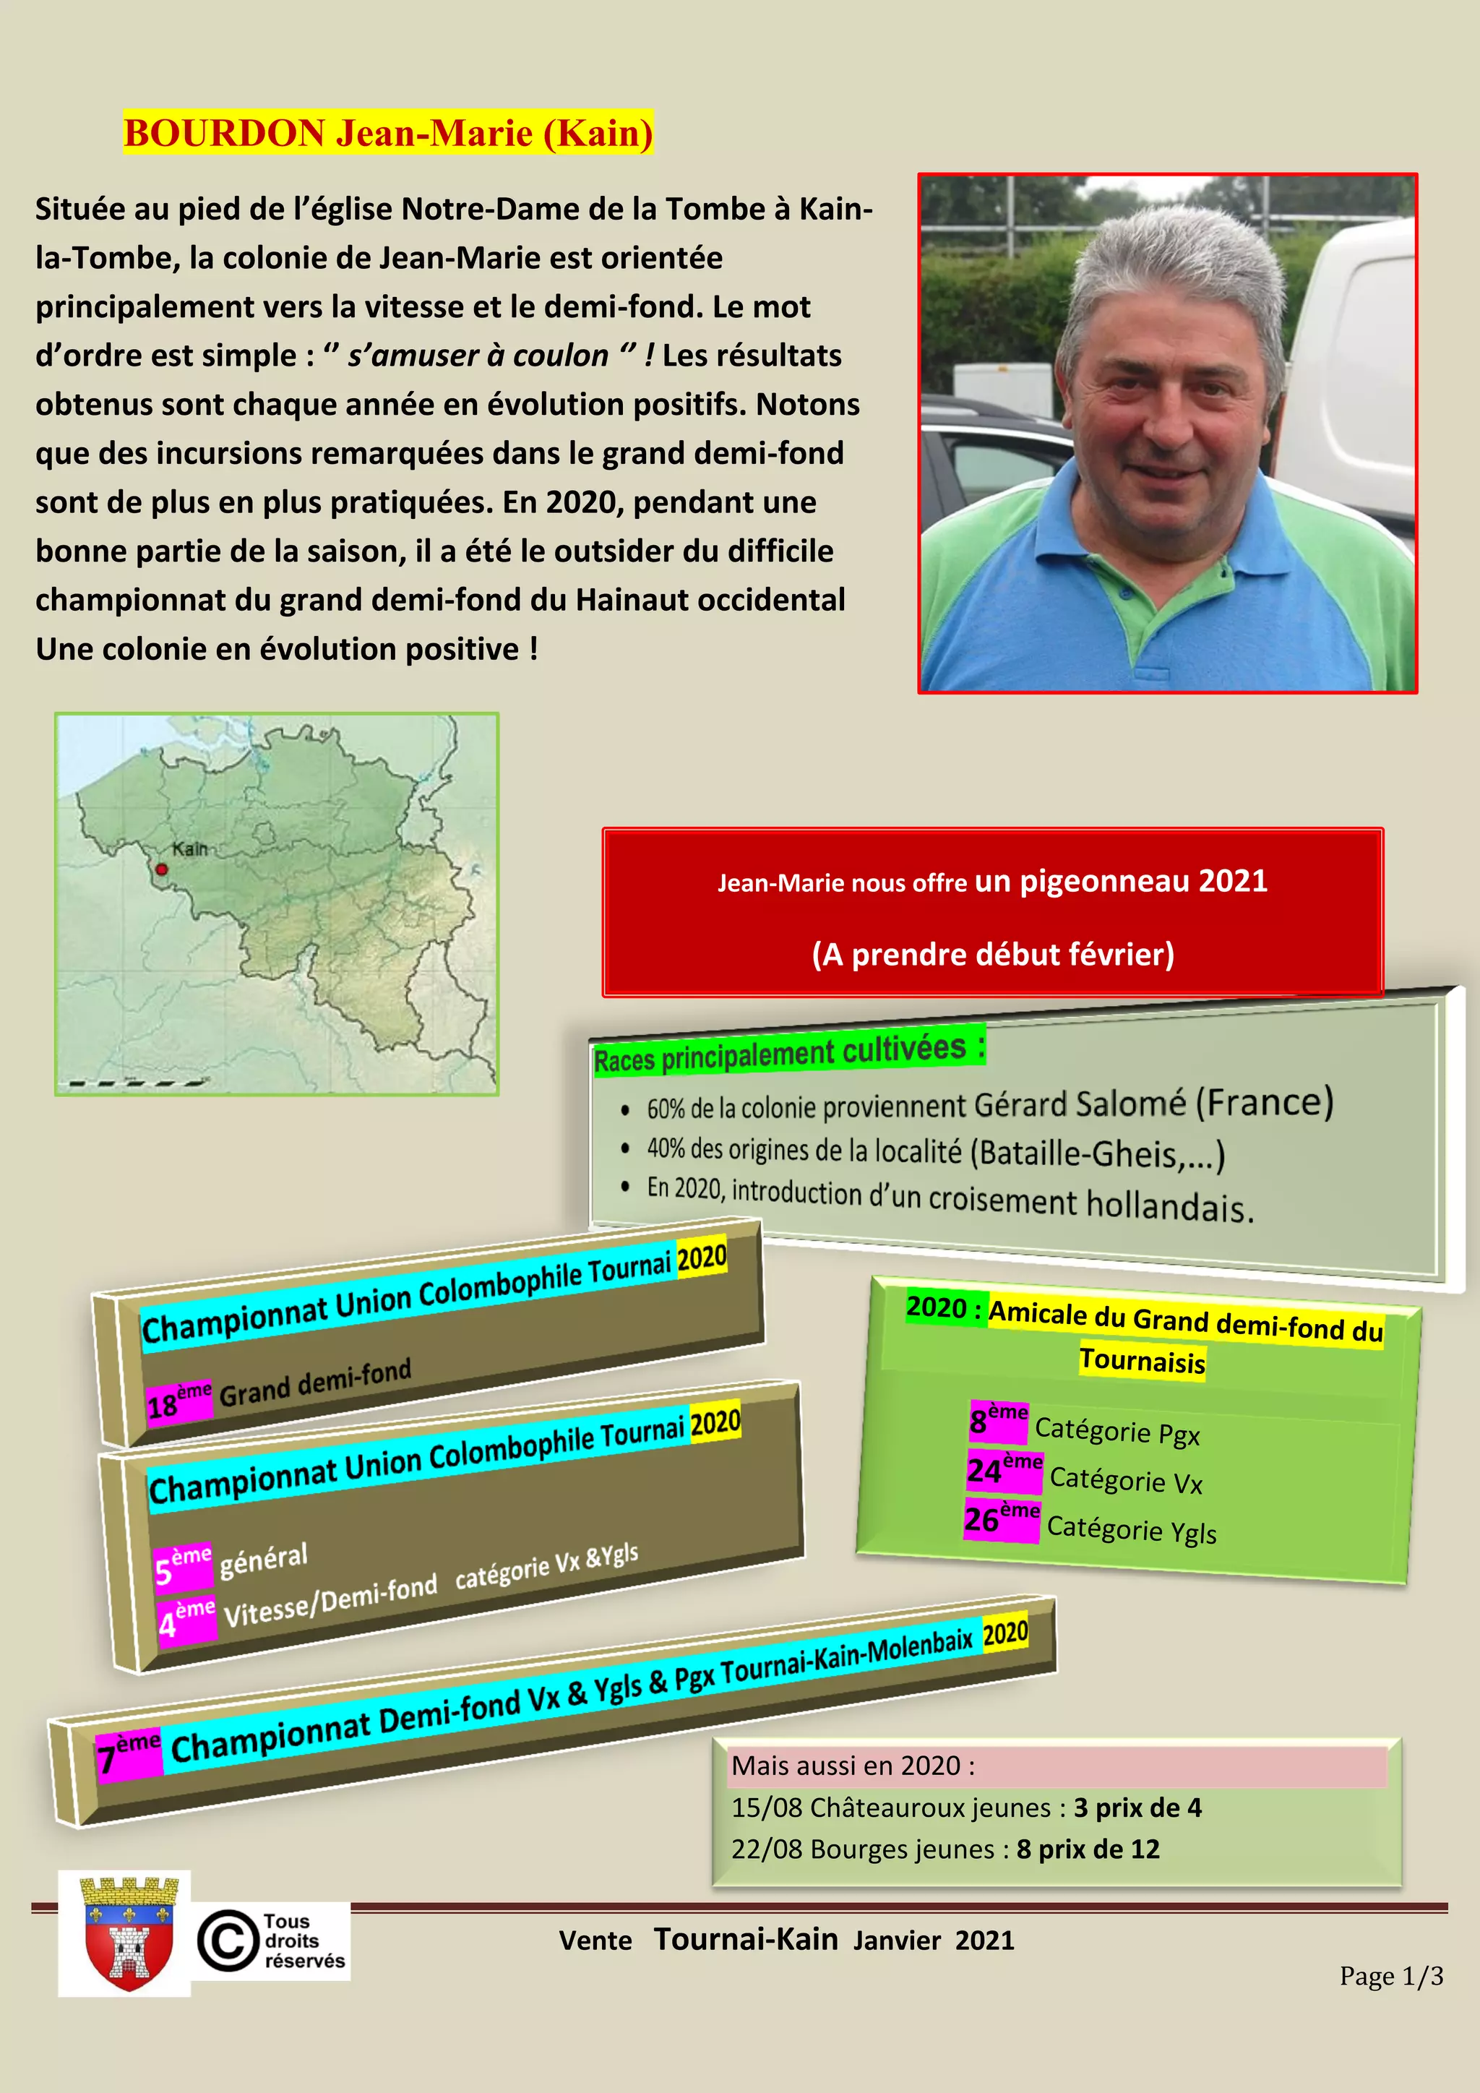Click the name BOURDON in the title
click(x=224, y=133)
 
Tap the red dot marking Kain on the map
click(x=162, y=869)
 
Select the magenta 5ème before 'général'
click(x=183, y=1564)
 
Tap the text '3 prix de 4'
click(x=1137, y=1807)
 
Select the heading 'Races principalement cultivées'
click(x=788, y=1054)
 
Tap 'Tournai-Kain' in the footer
click(x=746, y=1939)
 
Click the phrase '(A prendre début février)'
click(x=992, y=955)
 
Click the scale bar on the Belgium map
click(x=137, y=1083)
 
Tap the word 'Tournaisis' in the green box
click(x=1142, y=1361)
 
